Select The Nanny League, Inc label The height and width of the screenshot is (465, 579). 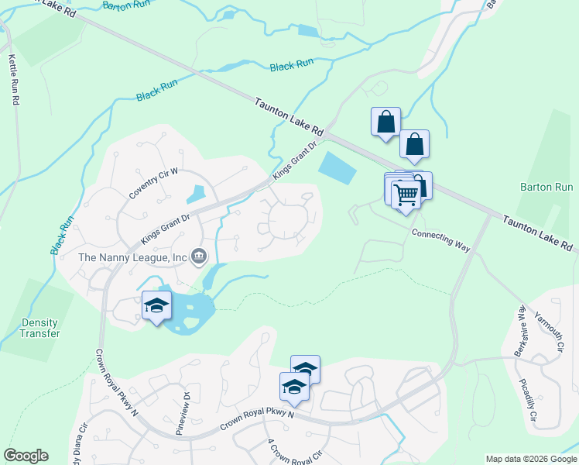[132, 257]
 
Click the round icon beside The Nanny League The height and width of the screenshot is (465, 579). [199, 255]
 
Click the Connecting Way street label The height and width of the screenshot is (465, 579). [440, 239]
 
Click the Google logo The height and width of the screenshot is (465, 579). [26, 456]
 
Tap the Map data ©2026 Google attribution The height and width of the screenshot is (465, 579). [531, 459]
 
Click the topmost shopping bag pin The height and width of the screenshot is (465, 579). [385, 122]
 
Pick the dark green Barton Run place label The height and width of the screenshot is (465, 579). [546, 187]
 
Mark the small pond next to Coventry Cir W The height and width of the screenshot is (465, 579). [196, 194]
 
